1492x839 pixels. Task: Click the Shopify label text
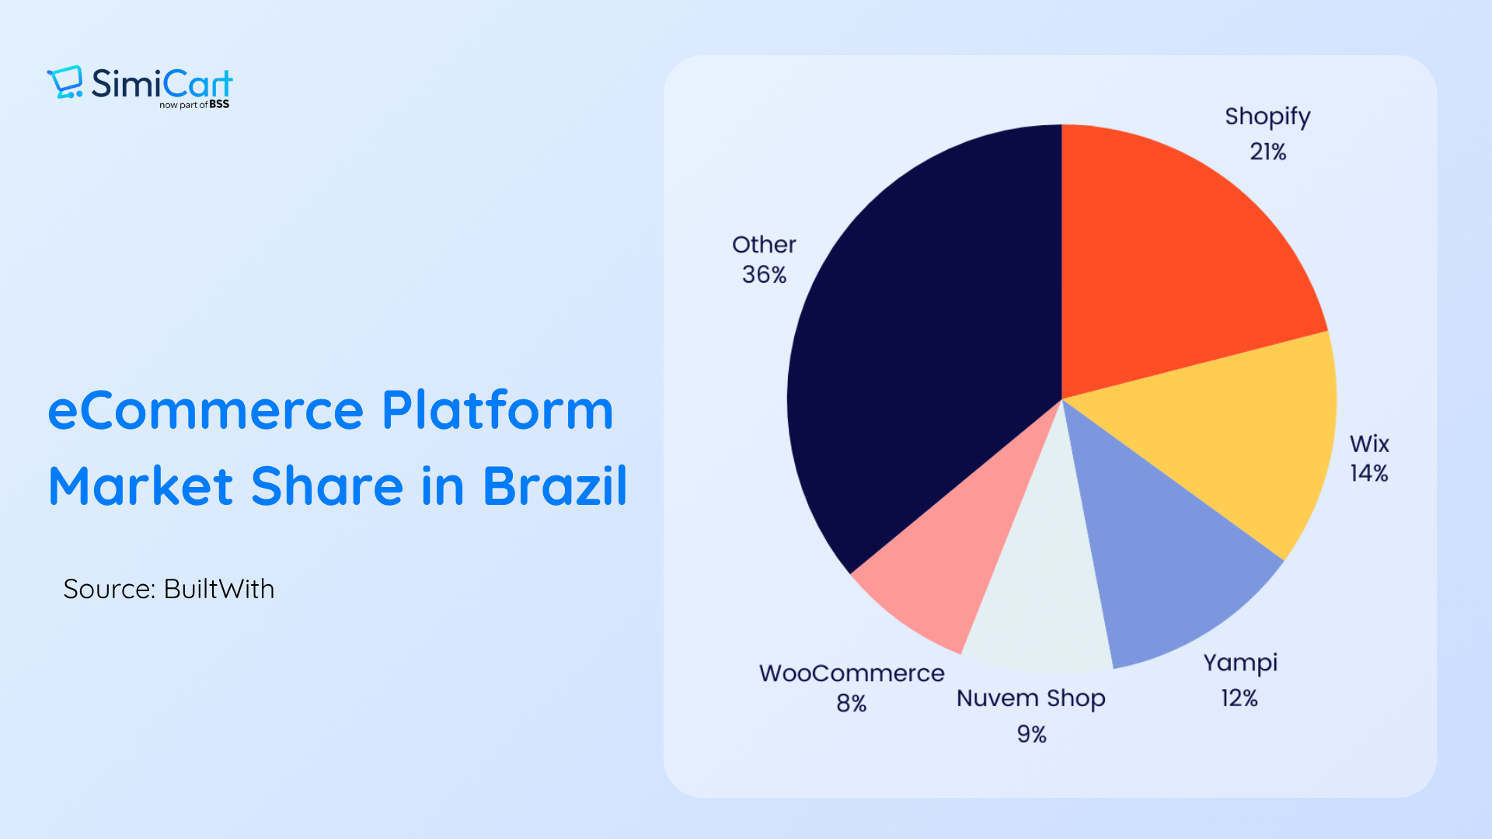[x=1267, y=117]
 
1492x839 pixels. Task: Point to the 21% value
[x=1267, y=151]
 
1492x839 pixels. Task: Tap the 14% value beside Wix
[x=1368, y=473]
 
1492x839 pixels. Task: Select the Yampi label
[x=1240, y=663]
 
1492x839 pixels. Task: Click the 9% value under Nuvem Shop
[x=1032, y=734]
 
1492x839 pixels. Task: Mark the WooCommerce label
[x=852, y=673]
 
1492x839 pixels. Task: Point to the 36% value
[x=764, y=274]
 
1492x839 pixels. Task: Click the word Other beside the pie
[x=764, y=245]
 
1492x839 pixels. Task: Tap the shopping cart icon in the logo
[x=64, y=82]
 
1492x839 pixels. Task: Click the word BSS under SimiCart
[x=219, y=104]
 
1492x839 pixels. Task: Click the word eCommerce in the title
[x=206, y=410]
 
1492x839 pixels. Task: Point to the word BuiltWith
[x=219, y=589]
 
